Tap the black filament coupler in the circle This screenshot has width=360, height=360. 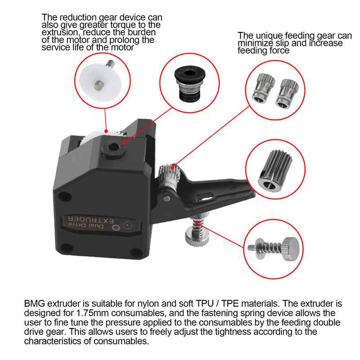[x=189, y=84]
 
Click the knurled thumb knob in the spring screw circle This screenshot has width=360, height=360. [x=291, y=249]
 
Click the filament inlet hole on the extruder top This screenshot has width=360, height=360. [x=112, y=147]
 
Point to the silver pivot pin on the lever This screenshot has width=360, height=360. [x=166, y=198]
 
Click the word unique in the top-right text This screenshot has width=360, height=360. [x=269, y=36]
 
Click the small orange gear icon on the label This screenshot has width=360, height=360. [x=116, y=228]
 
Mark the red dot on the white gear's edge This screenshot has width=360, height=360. [x=106, y=131]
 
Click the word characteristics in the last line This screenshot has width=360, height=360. [x=53, y=341]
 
